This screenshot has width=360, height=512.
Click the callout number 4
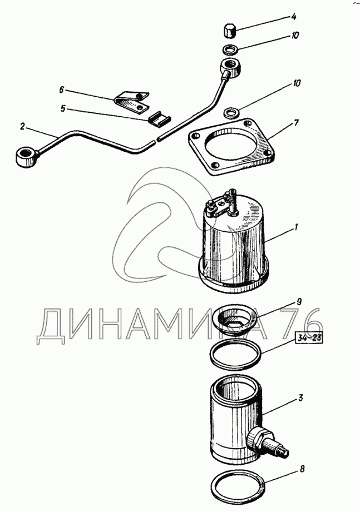coord(294,17)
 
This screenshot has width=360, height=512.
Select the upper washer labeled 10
coord(230,50)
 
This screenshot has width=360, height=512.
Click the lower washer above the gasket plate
coord(231,113)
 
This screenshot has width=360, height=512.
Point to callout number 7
coord(295,123)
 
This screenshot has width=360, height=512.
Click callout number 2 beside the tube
coord(22,127)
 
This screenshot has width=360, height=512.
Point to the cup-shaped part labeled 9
coord(235,320)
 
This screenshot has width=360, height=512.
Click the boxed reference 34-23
coord(309,338)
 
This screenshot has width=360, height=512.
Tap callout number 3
coord(300,398)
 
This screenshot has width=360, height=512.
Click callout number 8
coord(302,469)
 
